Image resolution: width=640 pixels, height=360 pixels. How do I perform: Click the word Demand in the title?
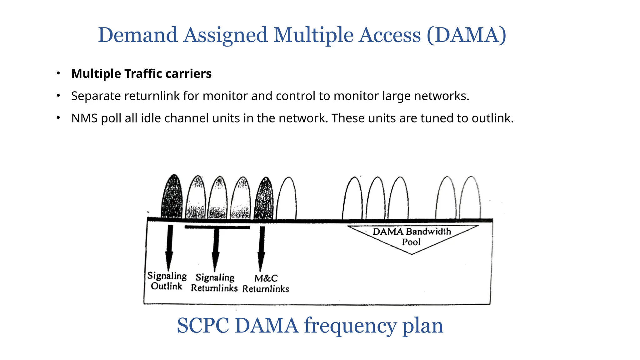pyautogui.click(x=138, y=35)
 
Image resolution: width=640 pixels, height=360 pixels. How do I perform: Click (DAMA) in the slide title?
pyautogui.click(x=466, y=35)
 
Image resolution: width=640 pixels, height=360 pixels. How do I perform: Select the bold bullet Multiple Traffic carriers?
pyautogui.click(x=141, y=74)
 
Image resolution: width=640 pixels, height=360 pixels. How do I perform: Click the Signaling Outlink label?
pyautogui.click(x=167, y=281)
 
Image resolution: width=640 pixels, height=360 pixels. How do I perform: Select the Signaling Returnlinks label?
pyautogui.click(x=214, y=282)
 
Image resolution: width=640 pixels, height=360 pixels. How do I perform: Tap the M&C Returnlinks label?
pyautogui.click(x=266, y=283)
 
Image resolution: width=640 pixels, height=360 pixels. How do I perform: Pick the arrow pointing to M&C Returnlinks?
pyautogui.click(x=262, y=248)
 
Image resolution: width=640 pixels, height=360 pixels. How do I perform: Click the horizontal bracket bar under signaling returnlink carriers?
pyautogui.click(x=217, y=227)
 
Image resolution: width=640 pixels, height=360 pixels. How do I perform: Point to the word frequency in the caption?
pyautogui.click(x=350, y=326)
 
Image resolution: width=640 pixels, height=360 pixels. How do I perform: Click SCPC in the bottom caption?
pyautogui.click(x=203, y=326)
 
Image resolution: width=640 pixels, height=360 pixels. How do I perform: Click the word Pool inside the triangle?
pyautogui.click(x=411, y=242)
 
